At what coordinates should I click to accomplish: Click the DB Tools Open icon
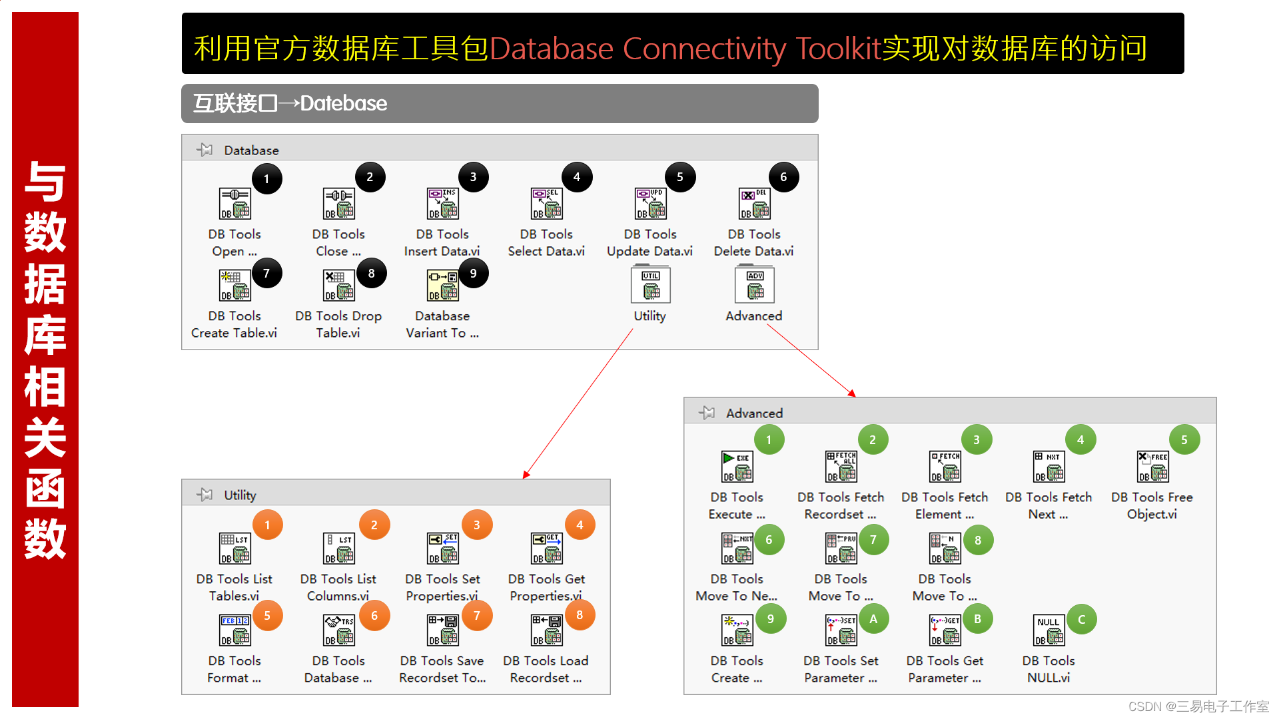(234, 204)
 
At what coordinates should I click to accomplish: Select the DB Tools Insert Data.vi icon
(442, 204)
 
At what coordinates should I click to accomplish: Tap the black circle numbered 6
(783, 177)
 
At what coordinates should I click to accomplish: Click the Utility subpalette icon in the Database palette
(650, 285)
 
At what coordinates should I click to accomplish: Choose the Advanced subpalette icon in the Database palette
(754, 285)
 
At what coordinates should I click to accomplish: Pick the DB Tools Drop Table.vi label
(338, 324)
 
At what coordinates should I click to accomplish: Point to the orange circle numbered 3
(477, 525)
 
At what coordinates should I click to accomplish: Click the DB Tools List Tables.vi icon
(234, 549)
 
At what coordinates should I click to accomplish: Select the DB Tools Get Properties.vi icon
(546, 549)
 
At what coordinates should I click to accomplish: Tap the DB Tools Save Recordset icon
(442, 630)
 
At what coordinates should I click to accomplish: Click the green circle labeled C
(1081, 620)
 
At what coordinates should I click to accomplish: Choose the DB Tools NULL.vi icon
(1049, 630)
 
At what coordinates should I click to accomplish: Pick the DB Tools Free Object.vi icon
(1152, 467)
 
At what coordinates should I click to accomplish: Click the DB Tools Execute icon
(737, 467)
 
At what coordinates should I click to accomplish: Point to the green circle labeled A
(873, 620)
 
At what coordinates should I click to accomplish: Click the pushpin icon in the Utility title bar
(205, 495)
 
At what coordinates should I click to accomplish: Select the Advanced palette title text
(754, 413)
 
